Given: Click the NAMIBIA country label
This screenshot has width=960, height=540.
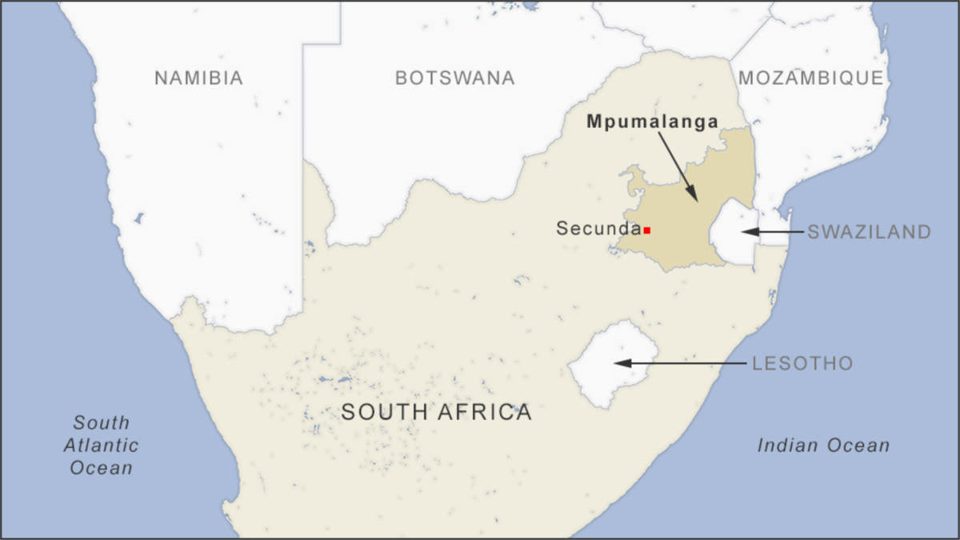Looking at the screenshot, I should pos(198,78).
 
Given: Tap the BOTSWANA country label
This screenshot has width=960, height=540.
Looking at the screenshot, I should pos(454,78).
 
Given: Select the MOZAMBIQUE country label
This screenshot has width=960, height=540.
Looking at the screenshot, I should pos(810,78).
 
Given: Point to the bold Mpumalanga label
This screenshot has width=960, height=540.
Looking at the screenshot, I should pos(652,122).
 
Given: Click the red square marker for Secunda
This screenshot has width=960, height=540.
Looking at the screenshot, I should pos(646,230).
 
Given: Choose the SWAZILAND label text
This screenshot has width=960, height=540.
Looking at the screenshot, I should pos(869,232).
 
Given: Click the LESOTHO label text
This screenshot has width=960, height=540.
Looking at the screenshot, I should pos(802,364).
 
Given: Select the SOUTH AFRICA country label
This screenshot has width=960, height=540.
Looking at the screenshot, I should pos(436,413).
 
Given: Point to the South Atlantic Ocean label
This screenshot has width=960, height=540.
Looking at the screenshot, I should pos(101,445).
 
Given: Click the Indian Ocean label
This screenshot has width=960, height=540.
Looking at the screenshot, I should pos(823,446).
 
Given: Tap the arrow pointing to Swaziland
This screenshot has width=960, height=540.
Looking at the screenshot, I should pos(772,232).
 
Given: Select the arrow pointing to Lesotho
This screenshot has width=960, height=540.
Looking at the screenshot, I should pos(680,363).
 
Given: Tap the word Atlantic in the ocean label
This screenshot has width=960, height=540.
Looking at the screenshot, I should pos(101,446).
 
